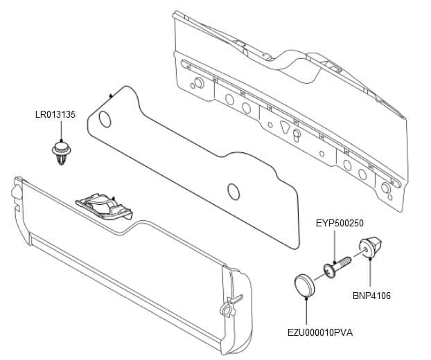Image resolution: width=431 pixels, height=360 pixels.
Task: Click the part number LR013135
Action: [x=55, y=114]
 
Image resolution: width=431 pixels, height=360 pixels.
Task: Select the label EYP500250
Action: [x=340, y=223]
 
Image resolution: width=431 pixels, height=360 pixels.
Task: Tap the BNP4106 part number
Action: [x=371, y=296]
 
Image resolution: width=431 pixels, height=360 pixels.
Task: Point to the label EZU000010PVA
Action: [x=320, y=332]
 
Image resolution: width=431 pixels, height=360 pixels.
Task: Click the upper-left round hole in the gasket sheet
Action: [x=105, y=120]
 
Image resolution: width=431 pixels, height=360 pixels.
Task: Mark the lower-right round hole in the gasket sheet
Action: [x=233, y=190]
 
